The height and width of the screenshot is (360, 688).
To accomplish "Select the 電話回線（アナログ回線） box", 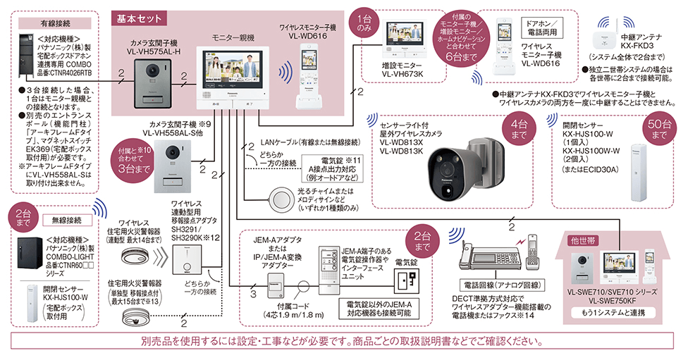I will [x=491, y=285].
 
